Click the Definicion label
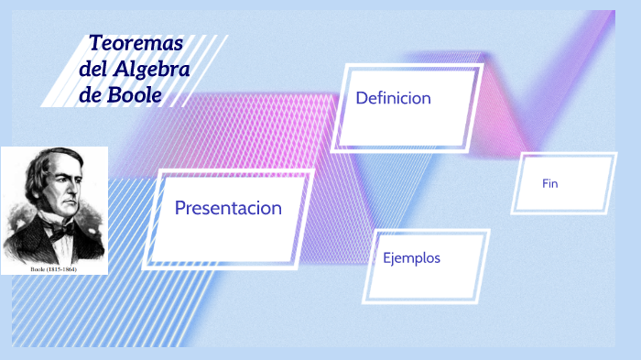coord(393,98)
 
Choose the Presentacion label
coord(228,208)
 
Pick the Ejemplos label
coord(411,257)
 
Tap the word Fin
coord(549,184)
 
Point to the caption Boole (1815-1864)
coord(53,269)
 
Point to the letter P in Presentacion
coord(180,208)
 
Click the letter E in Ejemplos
coord(387,257)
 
